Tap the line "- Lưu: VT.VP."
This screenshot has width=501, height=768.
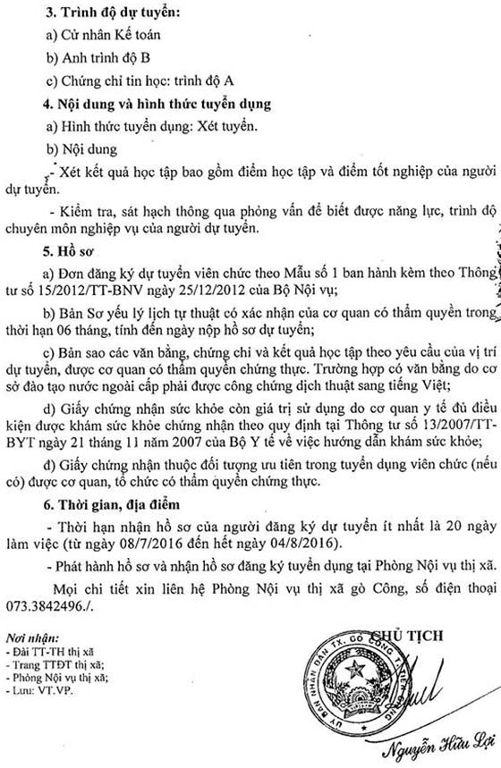41,693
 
